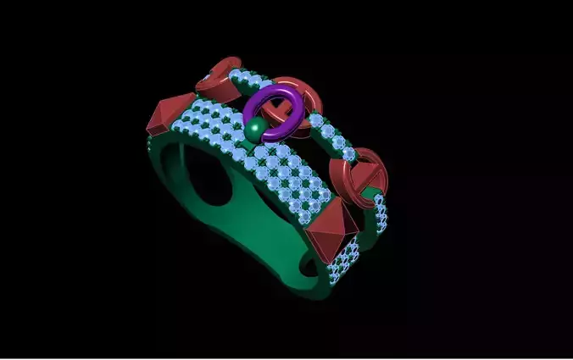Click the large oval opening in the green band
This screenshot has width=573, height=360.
(210, 178)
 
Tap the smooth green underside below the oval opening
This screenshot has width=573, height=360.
(246, 246)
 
